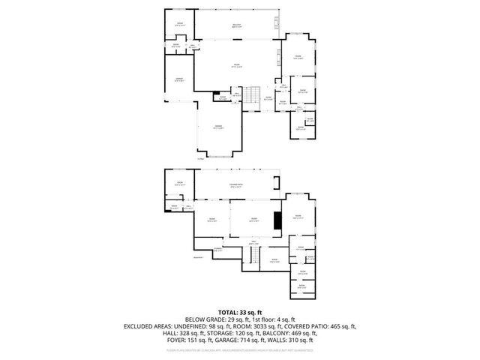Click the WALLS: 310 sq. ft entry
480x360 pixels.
[x=286, y=341]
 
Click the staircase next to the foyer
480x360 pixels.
[x=254, y=95]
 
